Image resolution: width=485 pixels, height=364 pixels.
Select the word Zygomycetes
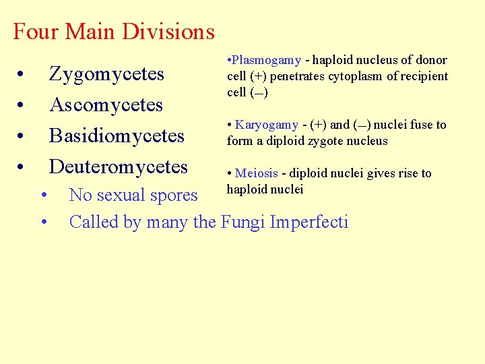coord(106,74)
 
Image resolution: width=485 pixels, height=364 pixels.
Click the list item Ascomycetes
coord(106,105)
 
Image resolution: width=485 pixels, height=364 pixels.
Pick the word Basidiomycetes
coord(117,135)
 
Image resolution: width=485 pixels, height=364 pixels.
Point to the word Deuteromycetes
coord(119,166)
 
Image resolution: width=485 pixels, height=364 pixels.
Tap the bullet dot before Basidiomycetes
coord(22,136)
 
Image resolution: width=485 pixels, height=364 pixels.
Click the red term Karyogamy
coord(266,125)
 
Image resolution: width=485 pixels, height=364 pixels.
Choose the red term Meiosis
coord(257,173)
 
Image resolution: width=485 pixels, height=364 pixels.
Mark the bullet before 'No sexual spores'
coord(44,196)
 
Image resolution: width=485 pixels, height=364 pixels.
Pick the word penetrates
coord(298,76)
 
